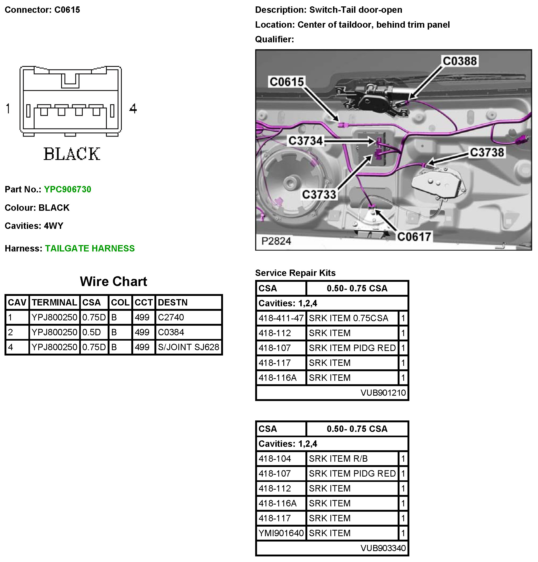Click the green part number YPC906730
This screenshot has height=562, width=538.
(x=67, y=189)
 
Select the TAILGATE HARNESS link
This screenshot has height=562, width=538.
(x=90, y=248)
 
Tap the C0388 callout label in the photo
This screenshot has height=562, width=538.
(x=460, y=61)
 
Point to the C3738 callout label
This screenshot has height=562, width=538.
(x=487, y=152)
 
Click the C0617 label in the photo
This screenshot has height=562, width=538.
(x=414, y=237)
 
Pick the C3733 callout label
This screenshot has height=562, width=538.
(x=319, y=195)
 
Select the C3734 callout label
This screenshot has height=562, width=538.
(x=305, y=141)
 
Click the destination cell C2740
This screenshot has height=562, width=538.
(x=171, y=317)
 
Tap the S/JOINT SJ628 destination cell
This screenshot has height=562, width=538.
(x=188, y=347)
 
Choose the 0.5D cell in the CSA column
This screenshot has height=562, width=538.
(x=92, y=332)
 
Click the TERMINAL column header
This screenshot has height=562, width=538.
(x=54, y=303)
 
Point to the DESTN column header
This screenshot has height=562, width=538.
(x=173, y=303)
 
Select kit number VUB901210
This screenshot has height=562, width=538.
(x=383, y=392)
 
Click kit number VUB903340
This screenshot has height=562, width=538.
(x=383, y=548)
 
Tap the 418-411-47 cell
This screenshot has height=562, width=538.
(x=281, y=318)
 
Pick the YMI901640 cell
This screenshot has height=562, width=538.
(x=281, y=533)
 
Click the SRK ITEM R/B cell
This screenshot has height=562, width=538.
(x=338, y=458)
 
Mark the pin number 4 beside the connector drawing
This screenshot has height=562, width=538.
(x=133, y=109)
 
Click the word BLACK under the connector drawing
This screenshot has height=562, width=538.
(x=72, y=154)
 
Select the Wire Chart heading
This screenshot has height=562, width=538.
(x=114, y=282)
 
